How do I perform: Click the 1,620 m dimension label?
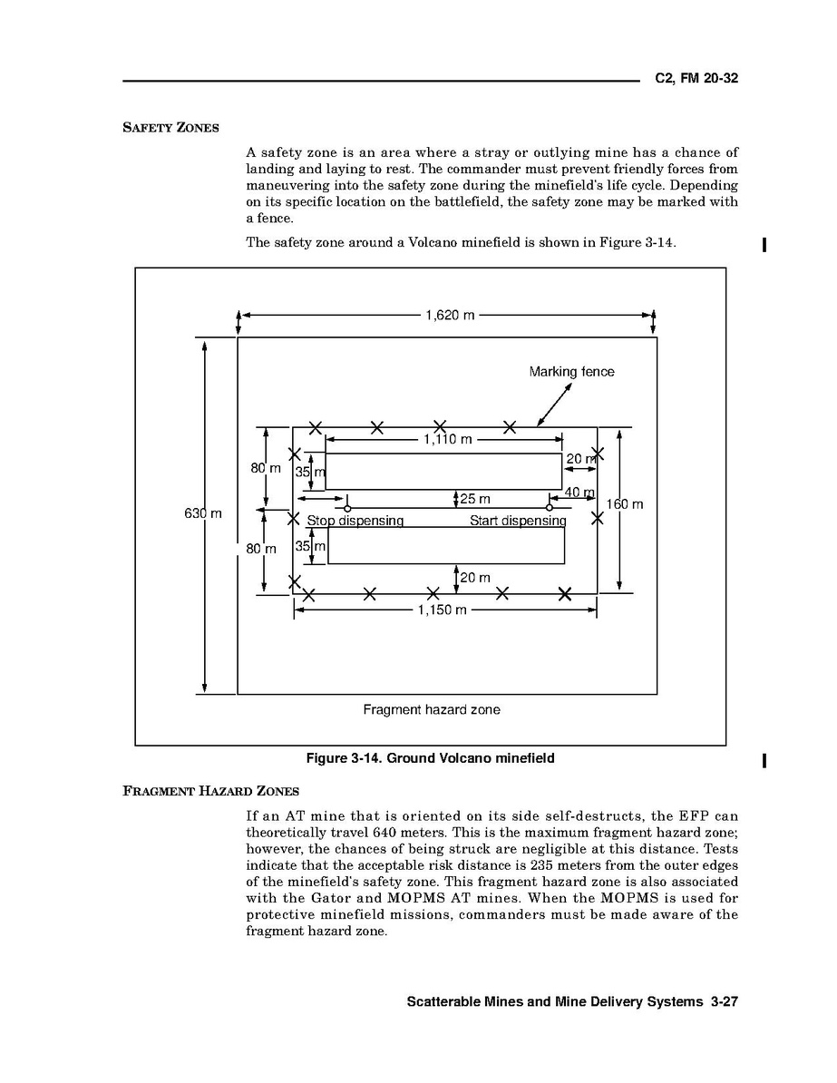coord(450,316)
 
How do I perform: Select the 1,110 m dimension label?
coord(447,440)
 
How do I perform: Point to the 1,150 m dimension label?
coord(442,610)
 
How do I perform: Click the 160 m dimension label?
coord(625,504)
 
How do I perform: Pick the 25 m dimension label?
coord(475,499)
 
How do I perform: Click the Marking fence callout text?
coord(571,372)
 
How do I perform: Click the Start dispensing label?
coord(517,522)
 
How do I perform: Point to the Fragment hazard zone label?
coord(431,710)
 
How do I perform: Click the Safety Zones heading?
coord(170,128)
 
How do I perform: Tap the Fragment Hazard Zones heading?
coord(210,791)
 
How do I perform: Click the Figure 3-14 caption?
coord(430,758)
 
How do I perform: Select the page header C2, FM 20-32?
coord(696,79)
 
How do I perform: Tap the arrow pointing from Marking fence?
coord(555,404)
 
